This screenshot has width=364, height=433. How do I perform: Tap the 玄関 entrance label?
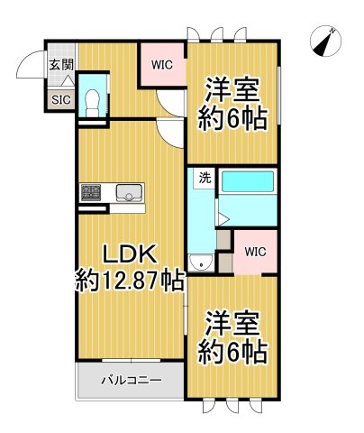click(x=61, y=64)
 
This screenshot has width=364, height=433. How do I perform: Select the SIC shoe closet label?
click(x=60, y=99)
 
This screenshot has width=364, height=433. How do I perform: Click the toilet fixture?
click(x=91, y=101)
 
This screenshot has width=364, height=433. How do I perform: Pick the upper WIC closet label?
click(x=162, y=64)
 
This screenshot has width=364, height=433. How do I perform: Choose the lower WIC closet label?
click(x=255, y=250)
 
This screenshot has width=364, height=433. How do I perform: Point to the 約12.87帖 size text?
click(x=129, y=281)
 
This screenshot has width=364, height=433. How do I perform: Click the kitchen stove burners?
click(x=92, y=192)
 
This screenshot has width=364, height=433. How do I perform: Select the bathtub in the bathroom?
click(x=246, y=180)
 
